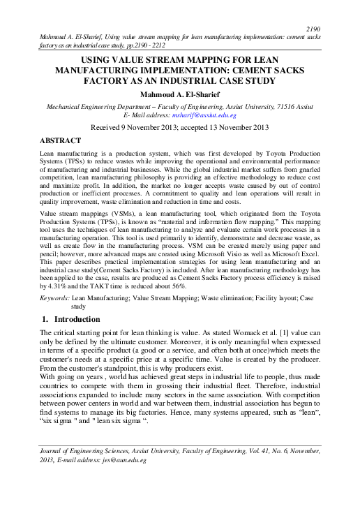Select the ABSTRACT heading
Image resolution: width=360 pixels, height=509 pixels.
(x=58, y=140)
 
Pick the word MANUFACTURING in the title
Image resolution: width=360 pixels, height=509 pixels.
(x=98, y=71)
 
